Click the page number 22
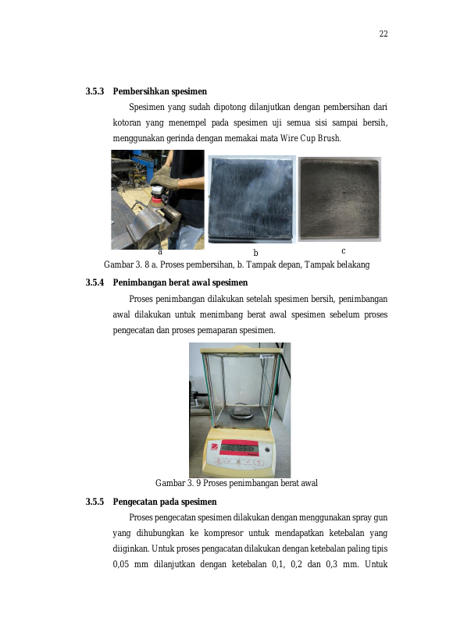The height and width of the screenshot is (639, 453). pyautogui.click(x=383, y=34)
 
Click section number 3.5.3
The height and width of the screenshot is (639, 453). pyautogui.click(x=95, y=91)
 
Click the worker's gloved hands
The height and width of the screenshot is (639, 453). pyautogui.click(x=164, y=177)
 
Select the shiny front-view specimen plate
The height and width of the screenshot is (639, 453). pyautogui.click(x=251, y=198)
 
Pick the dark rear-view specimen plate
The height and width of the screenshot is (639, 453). pyautogui.click(x=340, y=199)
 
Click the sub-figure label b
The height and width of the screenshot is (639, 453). pyautogui.click(x=255, y=253)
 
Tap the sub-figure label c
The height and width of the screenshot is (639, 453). pyautogui.click(x=343, y=251)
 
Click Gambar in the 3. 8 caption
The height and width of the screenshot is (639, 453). pyautogui.click(x=119, y=265)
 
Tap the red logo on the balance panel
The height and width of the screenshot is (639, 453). pyautogui.click(x=213, y=448)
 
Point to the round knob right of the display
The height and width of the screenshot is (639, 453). pyautogui.click(x=267, y=449)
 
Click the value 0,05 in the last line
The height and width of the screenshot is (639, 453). pyautogui.click(x=121, y=564)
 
